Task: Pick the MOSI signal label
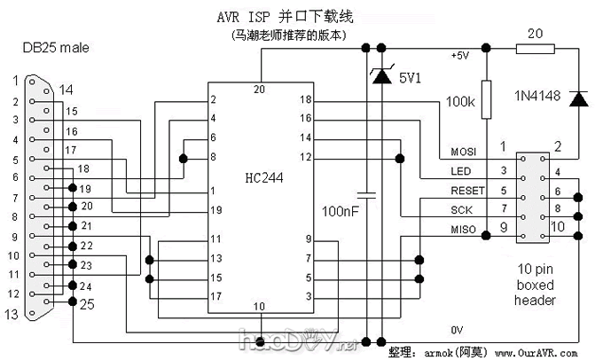(464, 150)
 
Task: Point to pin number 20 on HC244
(259, 89)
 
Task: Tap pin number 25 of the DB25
(88, 305)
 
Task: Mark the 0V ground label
(457, 330)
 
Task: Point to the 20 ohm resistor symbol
(535, 51)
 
